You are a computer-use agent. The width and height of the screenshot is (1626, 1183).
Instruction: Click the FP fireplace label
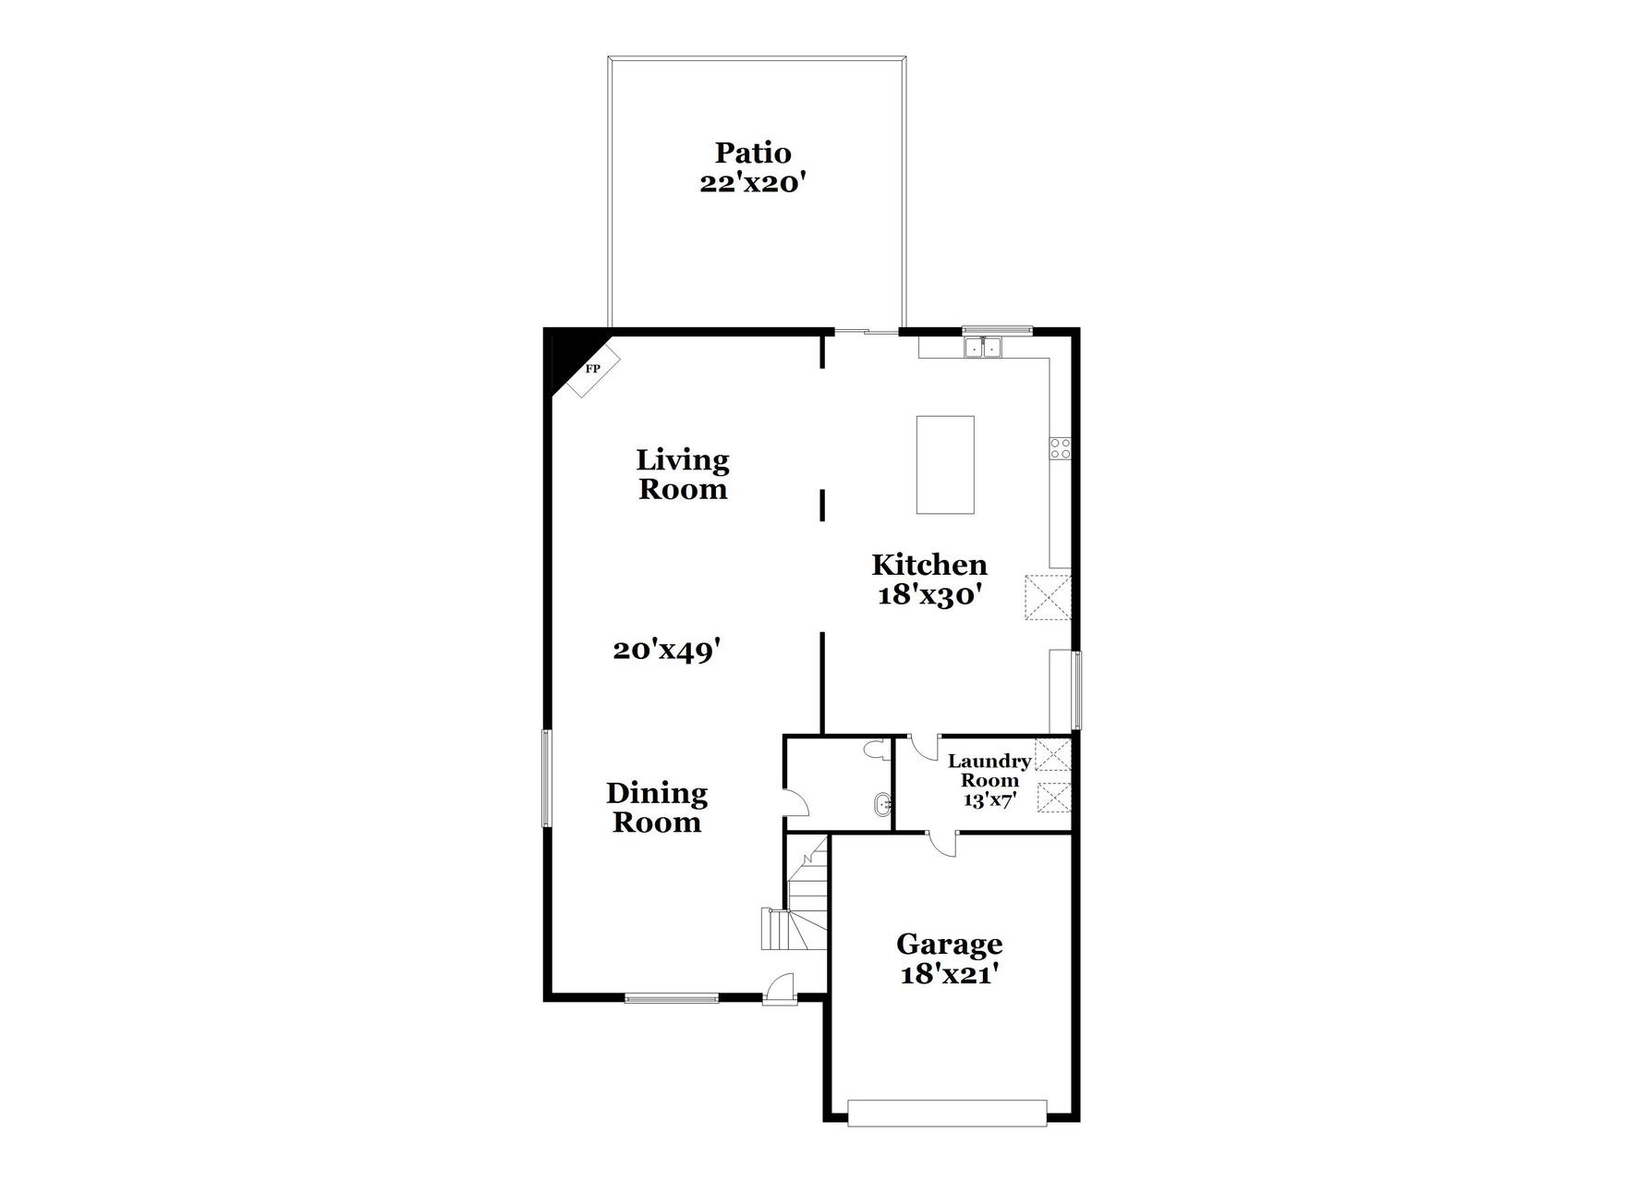[x=593, y=369]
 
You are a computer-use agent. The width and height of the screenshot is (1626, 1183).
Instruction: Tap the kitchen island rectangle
[x=945, y=465]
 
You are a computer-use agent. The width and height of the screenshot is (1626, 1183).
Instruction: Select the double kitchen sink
[x=983, y=348]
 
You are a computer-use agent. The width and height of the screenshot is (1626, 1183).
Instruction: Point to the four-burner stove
[x=1061, y=448]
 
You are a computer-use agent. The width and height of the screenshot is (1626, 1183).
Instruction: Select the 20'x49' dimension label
[x=666, y=651]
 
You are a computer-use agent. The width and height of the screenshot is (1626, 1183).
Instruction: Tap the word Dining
[x=657, y=793]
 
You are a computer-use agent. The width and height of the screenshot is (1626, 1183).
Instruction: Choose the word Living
[x=683, y=459]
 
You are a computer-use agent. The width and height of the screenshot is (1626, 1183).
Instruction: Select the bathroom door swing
[x=795, y=802]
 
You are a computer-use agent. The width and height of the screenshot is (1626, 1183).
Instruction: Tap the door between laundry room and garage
[x=942, y=843]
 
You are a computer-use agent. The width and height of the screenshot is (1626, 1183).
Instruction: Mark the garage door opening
[x=947, y=1113]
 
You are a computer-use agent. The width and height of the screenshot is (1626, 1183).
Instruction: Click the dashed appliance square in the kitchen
[x=1049, y=597]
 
